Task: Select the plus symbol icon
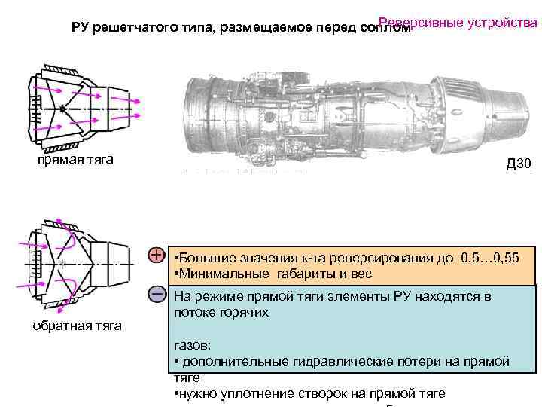[156, 256]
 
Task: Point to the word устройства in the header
[502, 22]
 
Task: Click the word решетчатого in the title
[132, 29]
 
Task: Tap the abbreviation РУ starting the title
[80, 29]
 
